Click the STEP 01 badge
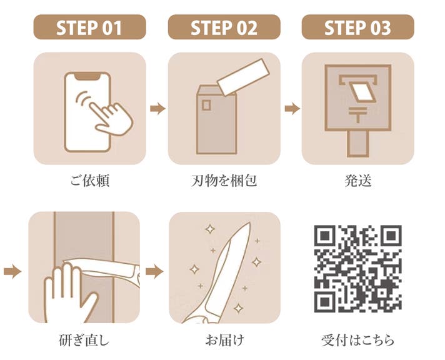coord(89,27)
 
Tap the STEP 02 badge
coord(224,27)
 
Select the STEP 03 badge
coord(358,27)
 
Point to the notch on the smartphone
coord(87,76)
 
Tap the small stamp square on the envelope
coord(206,105)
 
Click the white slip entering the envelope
coord(244,77)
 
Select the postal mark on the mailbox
coord(358,114)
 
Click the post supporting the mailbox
coord(358,144)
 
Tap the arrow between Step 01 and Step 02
coord(157,109)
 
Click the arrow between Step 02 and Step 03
coord(292,109)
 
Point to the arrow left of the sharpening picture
coord(12,271)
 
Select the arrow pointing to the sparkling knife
coord(154,271)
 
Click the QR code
coord(358,269)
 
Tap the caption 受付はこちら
coord(358,340)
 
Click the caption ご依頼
coord(89,181)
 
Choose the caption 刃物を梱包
coord(224,181)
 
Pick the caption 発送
coord(358,181)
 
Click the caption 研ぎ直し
coord(84,340)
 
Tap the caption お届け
coord(224,340)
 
